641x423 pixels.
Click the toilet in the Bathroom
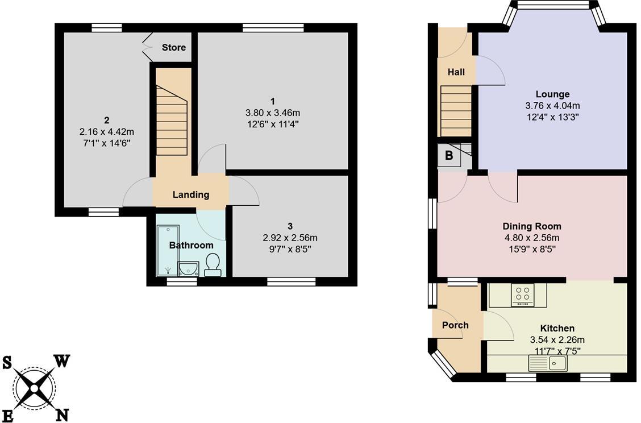click(x=213, y=264)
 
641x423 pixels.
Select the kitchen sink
click(x=547, y=363)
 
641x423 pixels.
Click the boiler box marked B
click(x=449, y=156)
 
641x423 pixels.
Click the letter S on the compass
click(x=7, y=363)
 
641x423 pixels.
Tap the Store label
click(x=173, y=48)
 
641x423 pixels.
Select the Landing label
click(x=191, y=194)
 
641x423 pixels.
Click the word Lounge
click(x=552, y=94)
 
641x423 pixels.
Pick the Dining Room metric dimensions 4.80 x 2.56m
click(x=532, y=238)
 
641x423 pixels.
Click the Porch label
click(x=455, y=325)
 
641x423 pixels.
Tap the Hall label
click(x=456, y=72)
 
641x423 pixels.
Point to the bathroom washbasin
click(x=189, y=269)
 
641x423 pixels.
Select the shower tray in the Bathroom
click(x=167, y=250)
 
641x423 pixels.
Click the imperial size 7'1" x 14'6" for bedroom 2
click(x=106, y=143)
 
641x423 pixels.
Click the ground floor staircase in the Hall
click(x=456, y=111)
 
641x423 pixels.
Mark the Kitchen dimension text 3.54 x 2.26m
click(x=557, y=340)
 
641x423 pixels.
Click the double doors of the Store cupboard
click(x=147, y=47)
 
